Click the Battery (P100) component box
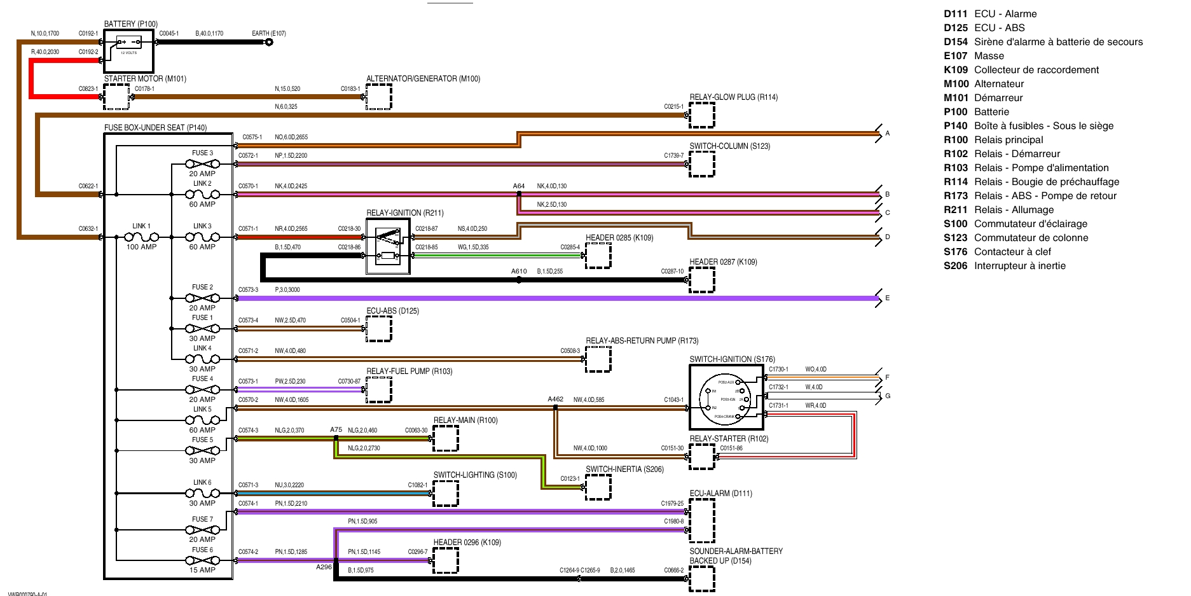[128, 50]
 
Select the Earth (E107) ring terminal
[269, 43]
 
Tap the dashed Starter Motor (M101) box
[116, 97]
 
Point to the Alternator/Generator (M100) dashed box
[378, 97]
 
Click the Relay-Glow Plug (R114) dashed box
[702, 115]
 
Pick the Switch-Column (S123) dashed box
[702, 164]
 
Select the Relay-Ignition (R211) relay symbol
[388, 246]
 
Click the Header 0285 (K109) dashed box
[598, 256]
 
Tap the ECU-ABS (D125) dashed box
[378, 329]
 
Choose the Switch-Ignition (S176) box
[726, 396]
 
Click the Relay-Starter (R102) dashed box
[702, 457]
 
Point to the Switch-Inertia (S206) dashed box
[598, 487]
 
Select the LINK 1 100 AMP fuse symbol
[141, 237]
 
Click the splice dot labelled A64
[519, 194]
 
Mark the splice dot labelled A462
[556, 408]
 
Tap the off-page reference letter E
[888, 298]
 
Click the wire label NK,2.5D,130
[551, 205]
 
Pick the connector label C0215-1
[673, 107]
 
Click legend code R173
[955, 196]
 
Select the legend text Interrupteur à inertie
[1019, 266]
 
